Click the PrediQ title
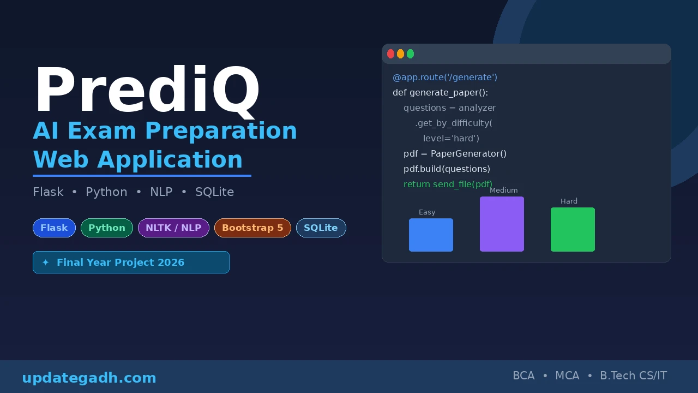coord(147,91)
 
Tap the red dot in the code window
coord(390,53)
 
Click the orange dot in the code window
coord(400,53)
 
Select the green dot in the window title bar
coord(410,53)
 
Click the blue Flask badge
coord(54,228)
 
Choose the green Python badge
coord(107,228)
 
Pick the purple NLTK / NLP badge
coord(173,228)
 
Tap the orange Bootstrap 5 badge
coord(252,228)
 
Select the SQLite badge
coord(321,228)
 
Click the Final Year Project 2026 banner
coord(131,262)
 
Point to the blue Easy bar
coord(431,235)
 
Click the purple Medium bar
coord(502,224)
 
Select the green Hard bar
coord(573,229)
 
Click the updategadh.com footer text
coord(89,378)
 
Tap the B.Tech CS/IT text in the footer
coord(633,376)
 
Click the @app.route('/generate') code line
coord(445,77)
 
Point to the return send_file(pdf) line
coord(448,184)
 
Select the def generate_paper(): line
coord(440,92)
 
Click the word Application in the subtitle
coord(170,159)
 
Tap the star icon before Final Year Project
coord(45,263)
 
